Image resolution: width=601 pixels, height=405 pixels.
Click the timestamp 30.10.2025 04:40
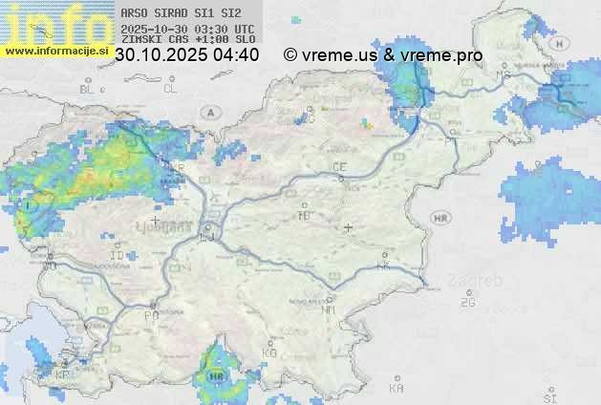pos(187,55)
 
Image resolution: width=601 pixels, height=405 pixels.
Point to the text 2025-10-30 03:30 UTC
pos(188,29)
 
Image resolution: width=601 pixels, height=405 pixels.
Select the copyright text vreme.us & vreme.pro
pos(383,55)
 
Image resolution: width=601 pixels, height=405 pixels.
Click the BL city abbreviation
pos(89,89)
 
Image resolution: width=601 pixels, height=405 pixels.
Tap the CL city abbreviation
pos(170,89)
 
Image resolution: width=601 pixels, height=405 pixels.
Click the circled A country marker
pos(209,113)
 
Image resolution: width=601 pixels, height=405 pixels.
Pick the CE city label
pos(339,167)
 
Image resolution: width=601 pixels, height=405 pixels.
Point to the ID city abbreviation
pos(117,256)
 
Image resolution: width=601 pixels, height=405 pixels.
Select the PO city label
pos(150,315)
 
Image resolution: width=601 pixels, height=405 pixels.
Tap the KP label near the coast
pos(62,374)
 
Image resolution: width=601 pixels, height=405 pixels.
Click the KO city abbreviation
pos(268,353)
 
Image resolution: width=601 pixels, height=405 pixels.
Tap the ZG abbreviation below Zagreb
pos(467,303)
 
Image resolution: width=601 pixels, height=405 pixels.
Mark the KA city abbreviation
pos(397,389)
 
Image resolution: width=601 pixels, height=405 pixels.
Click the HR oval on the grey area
pos(440,219)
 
